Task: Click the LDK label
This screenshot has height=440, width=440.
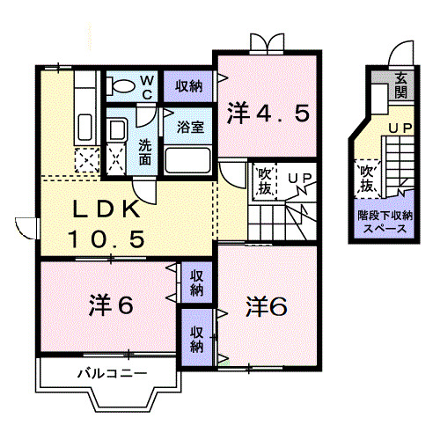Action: [103, 210]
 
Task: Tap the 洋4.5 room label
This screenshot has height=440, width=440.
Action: [269, 114]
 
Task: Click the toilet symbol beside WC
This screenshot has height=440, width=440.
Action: [120, 85]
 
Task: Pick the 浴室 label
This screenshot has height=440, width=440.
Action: [191, 126]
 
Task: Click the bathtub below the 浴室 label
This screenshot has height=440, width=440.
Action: [187, 159]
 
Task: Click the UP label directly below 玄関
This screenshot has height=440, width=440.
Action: [400, 128]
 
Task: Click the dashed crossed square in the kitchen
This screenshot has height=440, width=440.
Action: [87, 160]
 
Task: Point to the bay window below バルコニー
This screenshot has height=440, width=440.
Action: [111, 403]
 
